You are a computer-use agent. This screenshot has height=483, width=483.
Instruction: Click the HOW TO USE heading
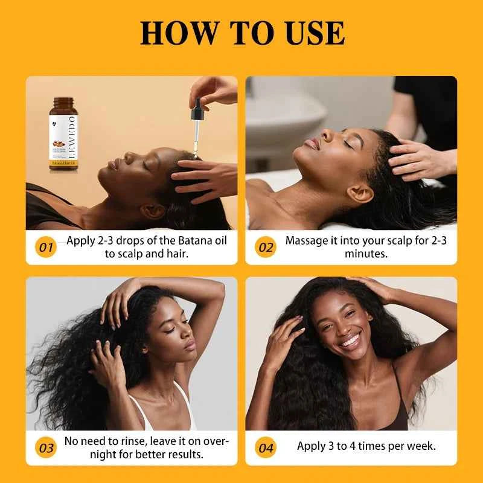[241, 33]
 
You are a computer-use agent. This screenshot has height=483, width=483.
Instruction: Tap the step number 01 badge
[46, 248]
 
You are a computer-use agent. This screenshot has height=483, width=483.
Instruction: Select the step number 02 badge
[265, 248]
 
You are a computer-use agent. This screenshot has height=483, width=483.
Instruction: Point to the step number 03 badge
[46, 448]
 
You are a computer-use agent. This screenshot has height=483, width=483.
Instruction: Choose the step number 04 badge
[266, 448]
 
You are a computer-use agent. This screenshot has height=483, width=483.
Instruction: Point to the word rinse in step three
[135, 441]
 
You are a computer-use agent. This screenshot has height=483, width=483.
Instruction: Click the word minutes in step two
[366, 254]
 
